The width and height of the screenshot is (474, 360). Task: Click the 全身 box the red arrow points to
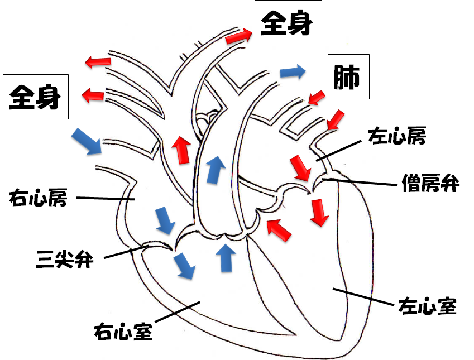click(288, 24)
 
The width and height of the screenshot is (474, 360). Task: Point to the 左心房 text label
click(397, 136)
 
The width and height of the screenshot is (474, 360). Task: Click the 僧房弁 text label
click(430, 184)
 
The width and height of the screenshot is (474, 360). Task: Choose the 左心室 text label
click(427, 305)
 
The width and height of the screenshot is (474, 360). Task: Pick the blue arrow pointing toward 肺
click(293, 71)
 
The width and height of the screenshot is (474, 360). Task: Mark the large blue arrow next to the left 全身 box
click(87, 141)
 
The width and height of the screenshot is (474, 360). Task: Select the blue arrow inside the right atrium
click(164, 220)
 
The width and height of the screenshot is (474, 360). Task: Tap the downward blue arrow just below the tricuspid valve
click(184, 265)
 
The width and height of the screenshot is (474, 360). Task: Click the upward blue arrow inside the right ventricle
click(226, 258)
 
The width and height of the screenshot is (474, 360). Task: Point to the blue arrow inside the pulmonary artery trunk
click(213, 169)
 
